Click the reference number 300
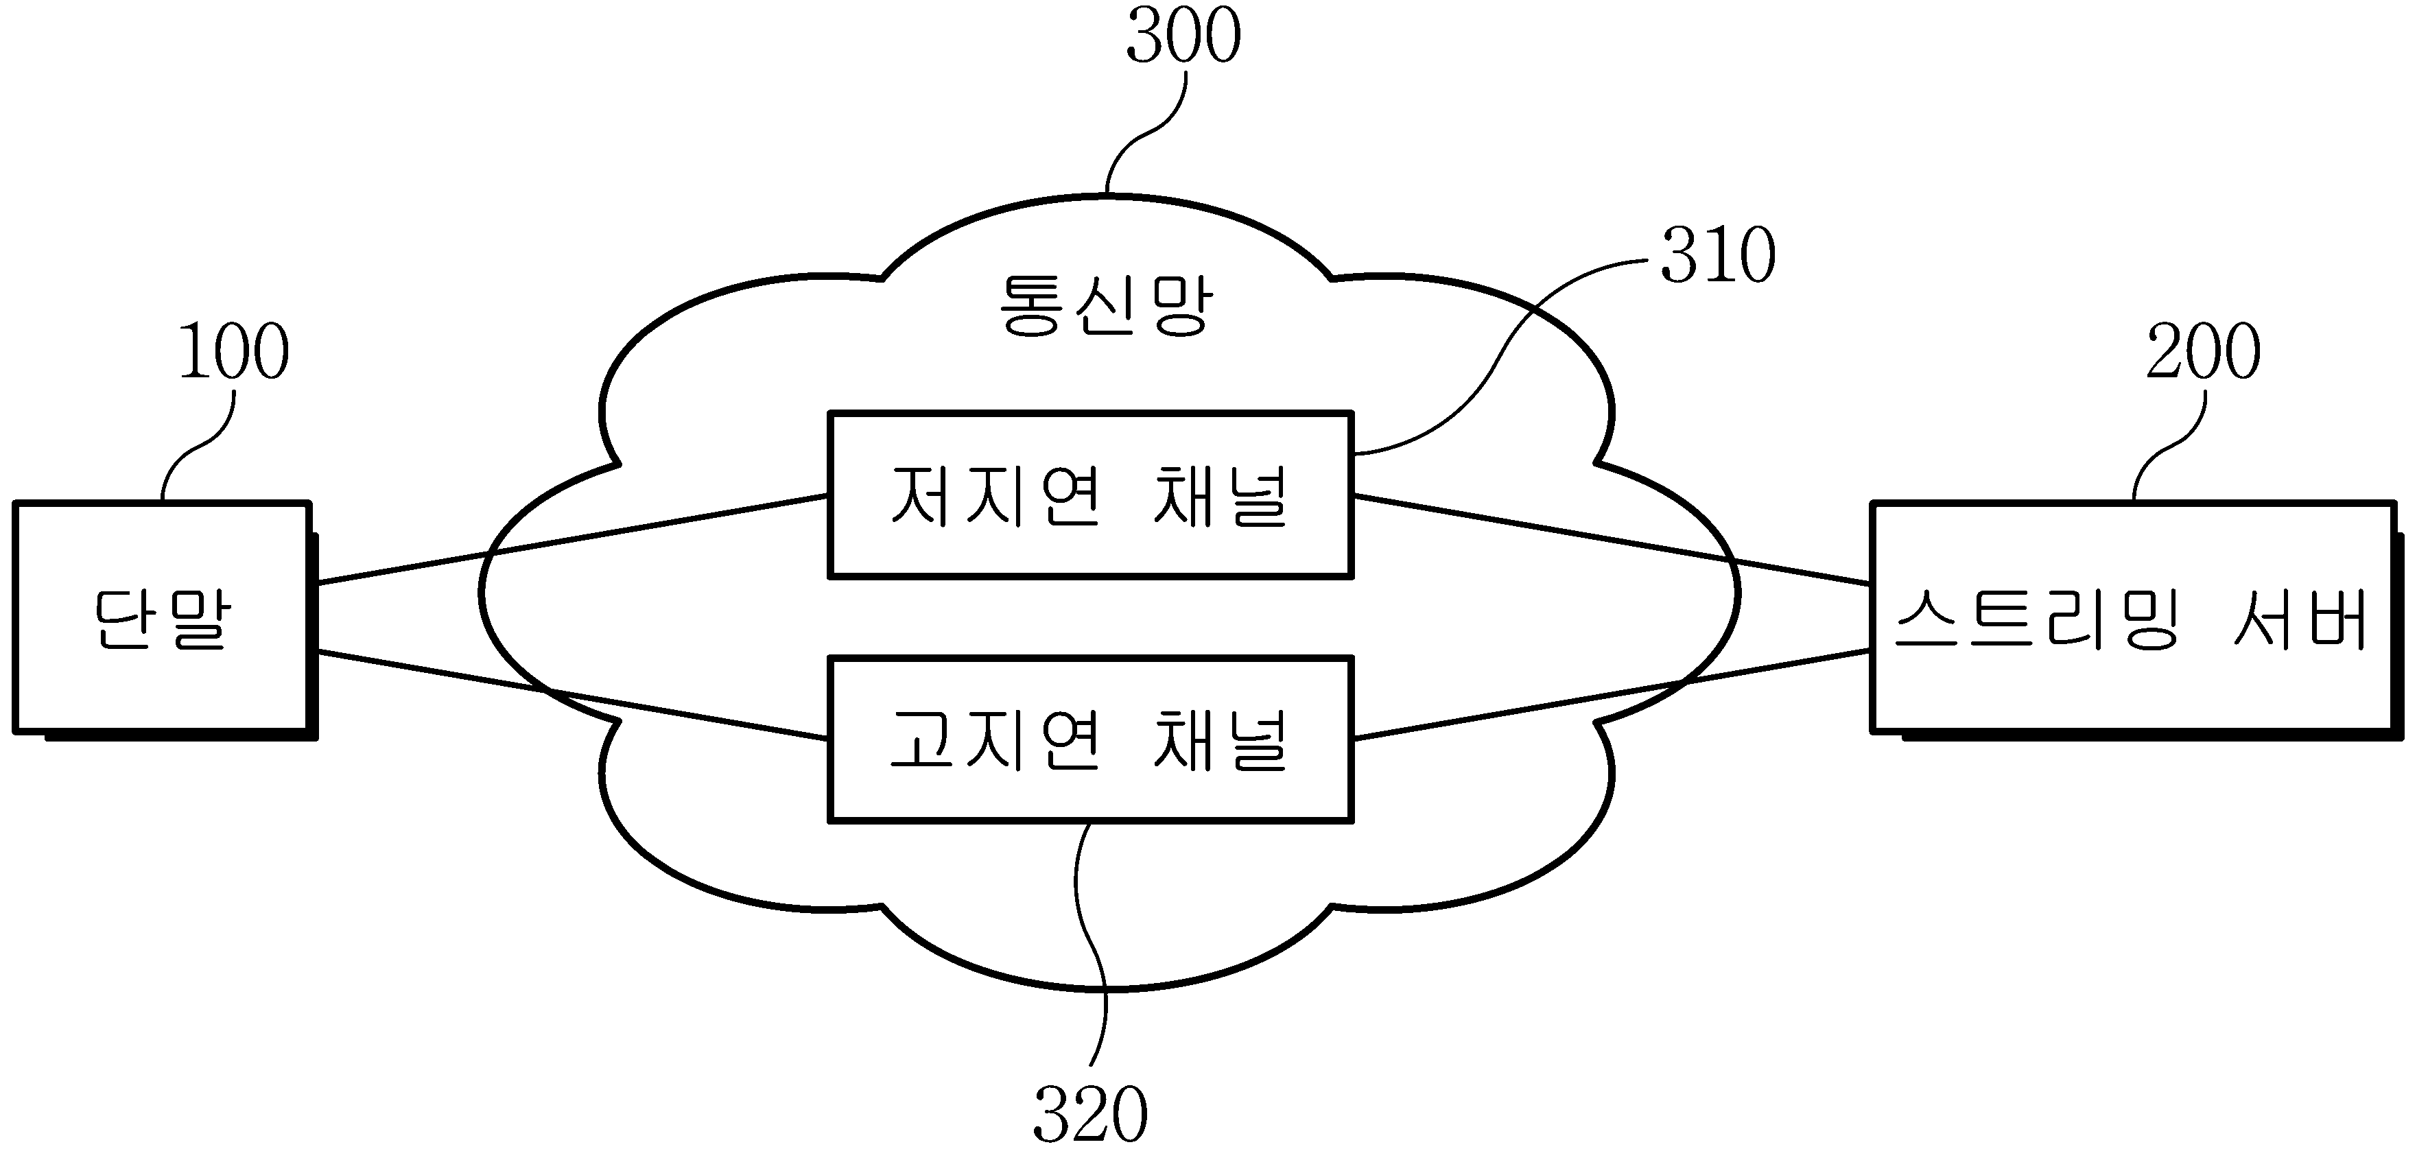coord(1183,35)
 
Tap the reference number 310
coord(1718,254)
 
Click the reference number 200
coord(2203,352)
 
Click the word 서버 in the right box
coord(2300,618)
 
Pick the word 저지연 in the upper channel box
coord(995,495)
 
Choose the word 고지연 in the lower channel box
coord(995,739)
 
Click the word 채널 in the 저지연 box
coord(1220,495)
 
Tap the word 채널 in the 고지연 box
coord(1220,739)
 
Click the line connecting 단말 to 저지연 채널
coord(572,539)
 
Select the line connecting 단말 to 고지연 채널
coord(572,695)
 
